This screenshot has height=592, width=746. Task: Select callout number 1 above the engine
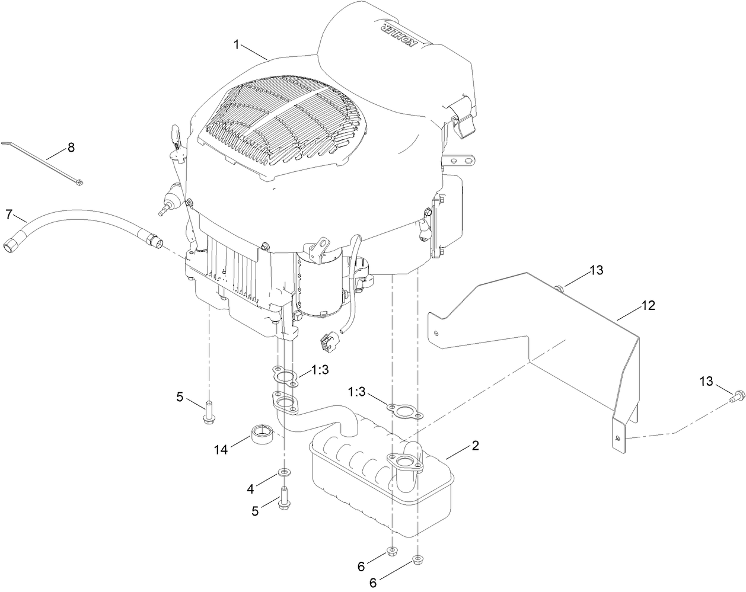pyautogui.click(x=237, y=44)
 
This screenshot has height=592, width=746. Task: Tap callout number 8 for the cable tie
pyautogui.click(x=71, y=148)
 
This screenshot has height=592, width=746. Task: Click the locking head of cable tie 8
pyautogui.click(x=78, y=185)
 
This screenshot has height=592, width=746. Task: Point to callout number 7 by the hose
pyautogui.click(x=9, y=213)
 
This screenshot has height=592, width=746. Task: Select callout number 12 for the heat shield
pyautogui.click(x=648, y=306)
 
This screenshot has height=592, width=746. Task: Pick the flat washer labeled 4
pyautogui.click(x=285, y=472)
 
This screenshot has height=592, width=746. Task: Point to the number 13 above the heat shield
pyautogui.click(x=596, y=270)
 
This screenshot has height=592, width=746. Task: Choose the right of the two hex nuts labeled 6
pyautogui.click(x=417, y=558)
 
